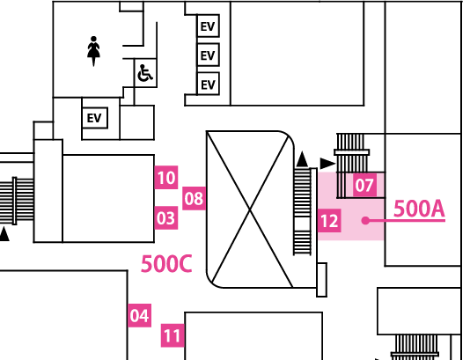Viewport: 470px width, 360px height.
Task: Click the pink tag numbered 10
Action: coord(166,177)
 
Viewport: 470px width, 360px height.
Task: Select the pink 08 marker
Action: coord(194,198)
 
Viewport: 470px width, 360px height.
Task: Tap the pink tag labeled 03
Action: coord(166,218)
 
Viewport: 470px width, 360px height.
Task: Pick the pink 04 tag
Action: coord(139,315)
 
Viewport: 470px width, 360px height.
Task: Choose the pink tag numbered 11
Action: coord(173,335)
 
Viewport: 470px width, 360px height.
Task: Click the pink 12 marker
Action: coord(329,221)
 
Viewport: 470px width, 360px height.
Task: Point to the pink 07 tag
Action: coord(364,185)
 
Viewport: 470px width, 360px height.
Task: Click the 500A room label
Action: coord(419,209)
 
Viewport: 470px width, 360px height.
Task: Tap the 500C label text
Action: coord(166,264)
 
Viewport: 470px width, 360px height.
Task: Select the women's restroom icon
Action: coord(93,51)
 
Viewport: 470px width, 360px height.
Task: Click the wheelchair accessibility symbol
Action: coord(145,73)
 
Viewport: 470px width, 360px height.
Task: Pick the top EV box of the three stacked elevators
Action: coord(208,26)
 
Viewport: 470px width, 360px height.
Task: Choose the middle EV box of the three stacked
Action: coord(208,55)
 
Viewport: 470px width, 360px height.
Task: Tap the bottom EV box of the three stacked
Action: coord(208,84)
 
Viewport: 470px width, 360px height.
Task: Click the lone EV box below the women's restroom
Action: coord(95,118)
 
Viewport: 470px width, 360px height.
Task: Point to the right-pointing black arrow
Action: coord(328,164)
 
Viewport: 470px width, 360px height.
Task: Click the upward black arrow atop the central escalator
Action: coord(302,159)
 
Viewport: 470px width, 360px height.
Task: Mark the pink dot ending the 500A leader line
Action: coord(365,221)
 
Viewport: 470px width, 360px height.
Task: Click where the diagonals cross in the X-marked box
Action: coord(250,209)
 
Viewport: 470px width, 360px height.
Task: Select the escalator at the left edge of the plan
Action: coord(17,201)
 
